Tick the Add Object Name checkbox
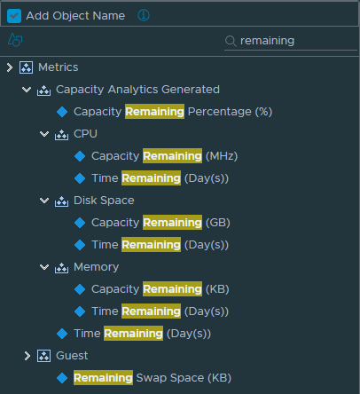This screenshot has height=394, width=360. pos(14,16)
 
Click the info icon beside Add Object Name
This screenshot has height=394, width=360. pos(144,15)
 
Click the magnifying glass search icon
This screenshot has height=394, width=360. pos(231,41)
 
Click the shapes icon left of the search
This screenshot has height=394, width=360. pos(15,40)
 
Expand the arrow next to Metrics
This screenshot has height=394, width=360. pos(10,67)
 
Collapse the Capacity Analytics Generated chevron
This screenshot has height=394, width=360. pos(27,90)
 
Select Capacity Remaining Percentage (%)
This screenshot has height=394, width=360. pos(173,112)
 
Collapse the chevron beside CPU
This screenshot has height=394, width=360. pos(44,134)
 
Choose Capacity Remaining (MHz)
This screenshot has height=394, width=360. pos(164,156)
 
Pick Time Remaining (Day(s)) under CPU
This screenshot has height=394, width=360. pos(160,178)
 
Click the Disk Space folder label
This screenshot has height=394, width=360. pos(104,201)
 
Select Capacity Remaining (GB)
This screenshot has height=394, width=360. pos(160,223)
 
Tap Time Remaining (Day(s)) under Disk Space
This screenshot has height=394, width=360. pos(160,245)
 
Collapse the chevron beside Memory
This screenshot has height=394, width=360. pos(44,267)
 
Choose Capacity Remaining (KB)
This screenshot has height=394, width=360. pos(160,289)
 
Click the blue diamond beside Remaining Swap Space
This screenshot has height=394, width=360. pos(62,378)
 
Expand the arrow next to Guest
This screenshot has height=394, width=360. pos(27,356)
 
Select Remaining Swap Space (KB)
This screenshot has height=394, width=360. pos(153,378)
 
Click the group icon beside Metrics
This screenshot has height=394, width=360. pos(26,67)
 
